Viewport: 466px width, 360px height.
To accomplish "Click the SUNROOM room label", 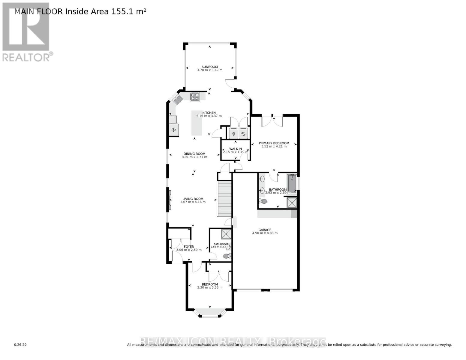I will click(x=209, y=67).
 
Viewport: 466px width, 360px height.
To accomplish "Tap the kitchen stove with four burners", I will click(x=195, y=97).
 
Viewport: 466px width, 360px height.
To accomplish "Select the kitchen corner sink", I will click(x=178, y=100).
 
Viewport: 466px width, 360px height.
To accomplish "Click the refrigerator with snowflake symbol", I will click(x=173, y=130).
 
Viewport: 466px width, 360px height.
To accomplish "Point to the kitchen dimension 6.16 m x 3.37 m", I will click(x=209, y=116).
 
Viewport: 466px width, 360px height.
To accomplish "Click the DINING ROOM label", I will click(x=194, y=154).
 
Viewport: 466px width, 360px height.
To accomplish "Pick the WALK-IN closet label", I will click(x=236, y=149).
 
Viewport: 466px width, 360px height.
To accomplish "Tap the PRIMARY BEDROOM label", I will click(x=274, y=143).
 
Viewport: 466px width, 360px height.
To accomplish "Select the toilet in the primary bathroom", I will click(x=263, y=201).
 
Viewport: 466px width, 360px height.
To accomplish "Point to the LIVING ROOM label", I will click(x=193, y=199).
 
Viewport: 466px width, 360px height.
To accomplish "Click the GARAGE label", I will click(x=265, y=230).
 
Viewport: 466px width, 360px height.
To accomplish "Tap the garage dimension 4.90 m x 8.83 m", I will click(x=265, y=233).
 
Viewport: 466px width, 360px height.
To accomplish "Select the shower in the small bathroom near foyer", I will click(x=226, y=234).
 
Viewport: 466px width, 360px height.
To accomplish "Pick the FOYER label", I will click(x=189, y=247).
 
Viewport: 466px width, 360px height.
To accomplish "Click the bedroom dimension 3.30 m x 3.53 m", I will click(x=210, y=287).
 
